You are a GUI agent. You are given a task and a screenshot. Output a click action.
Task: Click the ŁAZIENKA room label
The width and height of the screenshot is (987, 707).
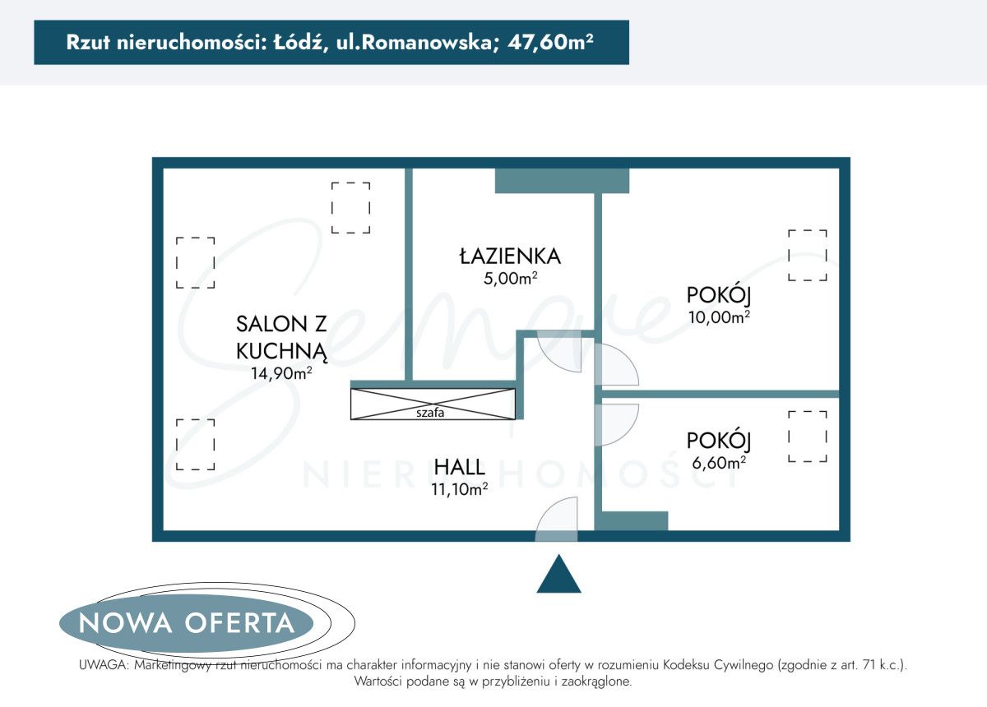point(510,256)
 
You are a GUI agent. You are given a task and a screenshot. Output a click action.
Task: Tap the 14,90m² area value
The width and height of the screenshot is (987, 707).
point(282,372)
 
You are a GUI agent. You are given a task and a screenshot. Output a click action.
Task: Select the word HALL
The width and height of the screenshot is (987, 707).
point(459,467)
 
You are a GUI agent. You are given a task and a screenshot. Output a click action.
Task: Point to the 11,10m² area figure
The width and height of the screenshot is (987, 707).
point(460,489)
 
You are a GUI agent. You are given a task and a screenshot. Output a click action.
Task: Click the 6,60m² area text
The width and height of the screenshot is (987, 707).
point(719,462)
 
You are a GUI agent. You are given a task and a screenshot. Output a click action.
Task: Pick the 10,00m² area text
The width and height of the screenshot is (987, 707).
point(719,316)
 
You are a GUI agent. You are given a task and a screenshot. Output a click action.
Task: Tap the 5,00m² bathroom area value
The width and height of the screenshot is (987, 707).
point(510,278)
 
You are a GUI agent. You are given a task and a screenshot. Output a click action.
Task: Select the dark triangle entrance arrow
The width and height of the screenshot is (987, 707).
point(558,575)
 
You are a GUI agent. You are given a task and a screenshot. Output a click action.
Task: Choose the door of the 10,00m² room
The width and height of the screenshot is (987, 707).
point(615,366)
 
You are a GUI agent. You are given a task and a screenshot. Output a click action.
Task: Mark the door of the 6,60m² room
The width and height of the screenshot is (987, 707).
point(615,424)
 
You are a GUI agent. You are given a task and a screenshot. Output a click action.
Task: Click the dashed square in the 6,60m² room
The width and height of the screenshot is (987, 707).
point(808,437)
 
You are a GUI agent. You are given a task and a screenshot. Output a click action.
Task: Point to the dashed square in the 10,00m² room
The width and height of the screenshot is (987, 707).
point(808,255)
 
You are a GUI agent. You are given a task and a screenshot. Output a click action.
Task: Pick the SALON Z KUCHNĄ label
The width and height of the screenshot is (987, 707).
point(282,337)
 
